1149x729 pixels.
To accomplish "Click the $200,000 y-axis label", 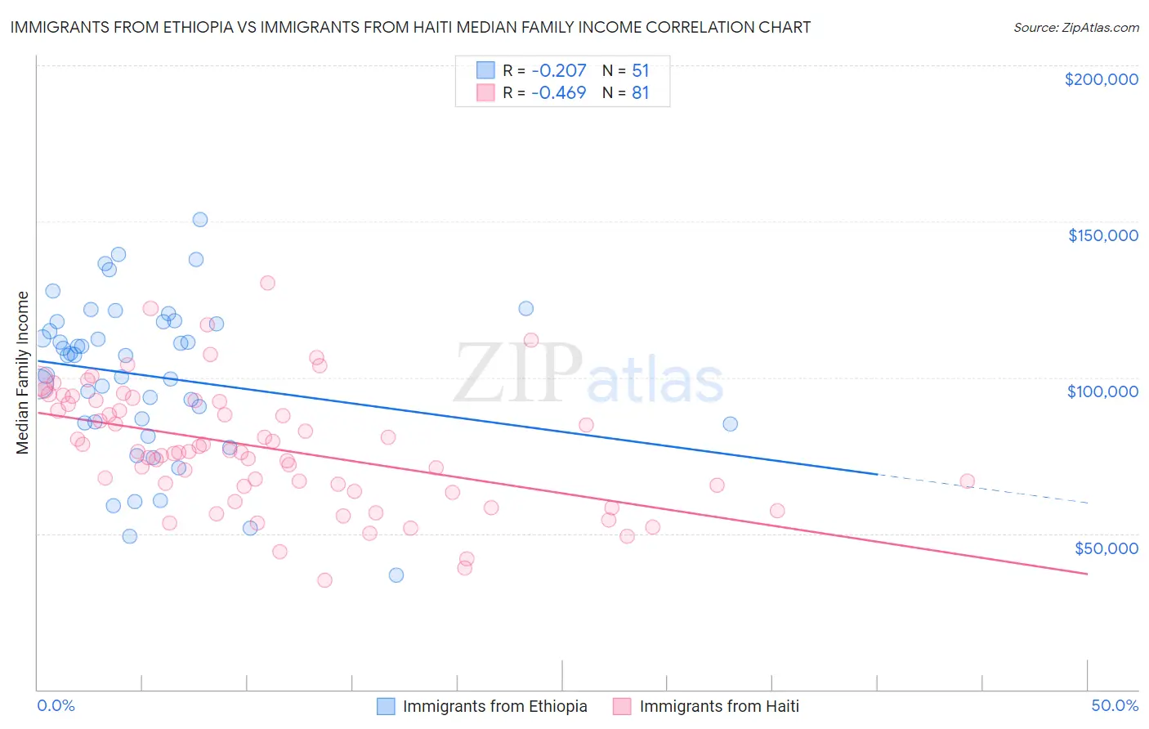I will [x=1101, y=79].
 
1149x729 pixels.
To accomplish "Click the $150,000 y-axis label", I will [x=1102, y=235].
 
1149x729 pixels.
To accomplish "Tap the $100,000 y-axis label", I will [x=1102, y=391].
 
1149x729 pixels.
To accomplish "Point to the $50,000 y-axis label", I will [x=1106, y=548].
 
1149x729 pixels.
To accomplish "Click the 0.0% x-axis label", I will [x=56, y=706].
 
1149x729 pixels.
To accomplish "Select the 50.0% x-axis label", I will [x=1115, y=706].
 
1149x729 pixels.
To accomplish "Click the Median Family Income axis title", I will [x=23, y=373].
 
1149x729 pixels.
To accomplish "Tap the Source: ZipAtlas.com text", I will [x=1075, y=27].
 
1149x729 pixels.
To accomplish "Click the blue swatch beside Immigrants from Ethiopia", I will [x=386, y=706].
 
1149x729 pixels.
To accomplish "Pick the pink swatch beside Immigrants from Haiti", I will [x=623, y=706].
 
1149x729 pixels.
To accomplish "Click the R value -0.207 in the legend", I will [x=558, y=70].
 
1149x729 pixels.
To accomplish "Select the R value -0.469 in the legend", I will [x=558, y=92].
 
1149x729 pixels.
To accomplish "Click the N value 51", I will [x=640, y=70].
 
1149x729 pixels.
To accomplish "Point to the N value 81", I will [x=640, y=92].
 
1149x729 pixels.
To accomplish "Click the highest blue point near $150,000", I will [x=200, y=220].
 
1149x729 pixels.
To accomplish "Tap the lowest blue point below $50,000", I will [x=396, y=575].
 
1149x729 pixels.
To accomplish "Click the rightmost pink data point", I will [x=968, y=481].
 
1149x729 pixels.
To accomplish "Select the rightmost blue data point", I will [x=731, y=424].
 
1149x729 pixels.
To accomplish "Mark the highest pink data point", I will [x=267, y=283].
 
